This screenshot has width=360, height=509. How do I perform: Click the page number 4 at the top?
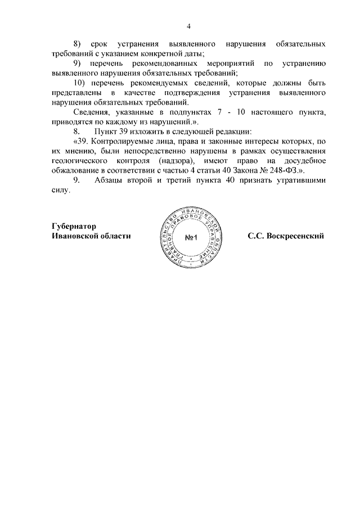point(189,26)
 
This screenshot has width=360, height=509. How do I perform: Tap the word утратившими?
point(302,181)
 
